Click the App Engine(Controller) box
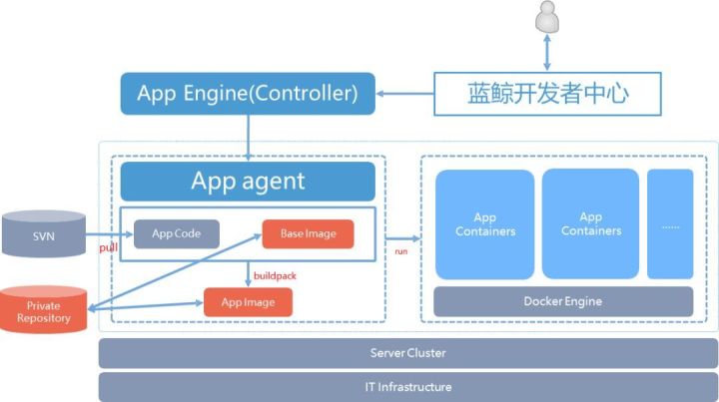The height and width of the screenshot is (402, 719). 248,94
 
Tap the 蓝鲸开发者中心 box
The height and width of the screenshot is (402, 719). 548,94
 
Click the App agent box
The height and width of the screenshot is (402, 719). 248,182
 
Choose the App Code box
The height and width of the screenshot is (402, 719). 177,233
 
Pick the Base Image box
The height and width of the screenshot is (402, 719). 308,233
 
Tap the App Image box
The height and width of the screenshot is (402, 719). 248,301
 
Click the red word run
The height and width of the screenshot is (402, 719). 401,251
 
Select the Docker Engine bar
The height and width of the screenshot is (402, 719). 562,301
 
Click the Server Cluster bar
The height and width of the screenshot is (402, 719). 407,353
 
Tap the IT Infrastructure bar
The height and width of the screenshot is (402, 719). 407,387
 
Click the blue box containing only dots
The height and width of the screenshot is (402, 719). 669,223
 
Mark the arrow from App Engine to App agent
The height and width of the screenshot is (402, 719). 248,137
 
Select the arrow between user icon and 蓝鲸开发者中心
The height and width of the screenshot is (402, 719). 546,53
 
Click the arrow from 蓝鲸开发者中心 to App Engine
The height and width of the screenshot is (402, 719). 404,95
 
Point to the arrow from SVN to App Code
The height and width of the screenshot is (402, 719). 110,234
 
